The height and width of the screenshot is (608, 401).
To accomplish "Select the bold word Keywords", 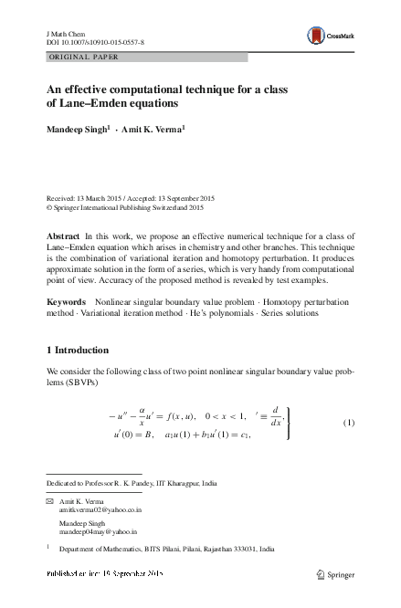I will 66,300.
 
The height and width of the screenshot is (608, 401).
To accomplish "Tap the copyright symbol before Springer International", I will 49,207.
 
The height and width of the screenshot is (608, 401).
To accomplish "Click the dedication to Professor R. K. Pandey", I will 132,483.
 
